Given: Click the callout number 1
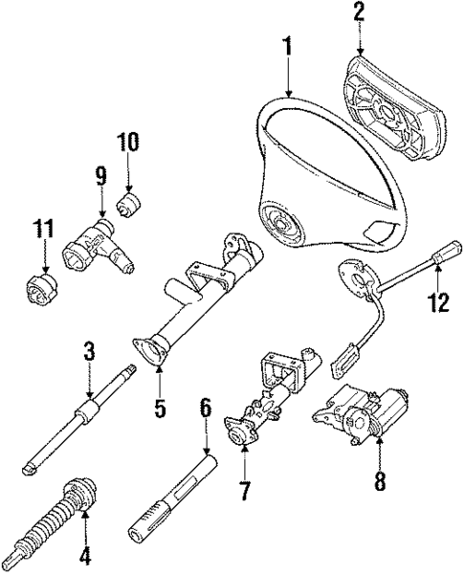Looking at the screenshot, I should click(286, 45).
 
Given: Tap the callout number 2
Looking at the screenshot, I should click(360, 12).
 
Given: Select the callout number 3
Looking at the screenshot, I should click(89, 351).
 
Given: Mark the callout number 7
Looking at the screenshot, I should click(243, 491).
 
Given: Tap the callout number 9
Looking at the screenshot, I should click(101, 177).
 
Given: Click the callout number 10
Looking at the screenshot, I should click(129, 144).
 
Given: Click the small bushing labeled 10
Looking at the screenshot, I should click(128, 203).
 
